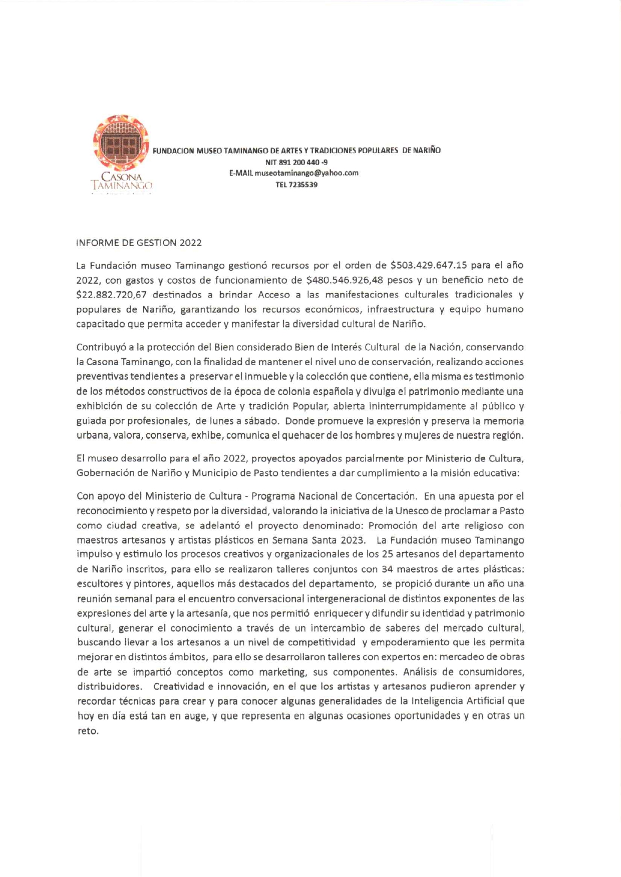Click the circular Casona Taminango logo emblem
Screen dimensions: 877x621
pos(121,144)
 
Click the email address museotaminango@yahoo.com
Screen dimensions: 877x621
pos(306,173)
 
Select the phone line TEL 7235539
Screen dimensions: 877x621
pos(296,185)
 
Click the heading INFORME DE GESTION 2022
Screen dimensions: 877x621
pos(139,243)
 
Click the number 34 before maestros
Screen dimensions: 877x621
pos(387,569)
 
